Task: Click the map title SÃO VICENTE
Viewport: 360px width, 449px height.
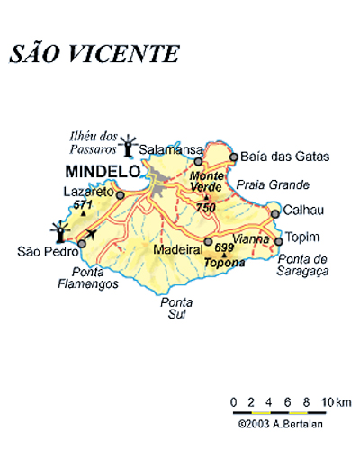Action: pos(94,53)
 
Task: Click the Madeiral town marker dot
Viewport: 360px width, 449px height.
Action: pos(208,240)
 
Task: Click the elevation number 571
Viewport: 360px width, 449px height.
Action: pos(84,205)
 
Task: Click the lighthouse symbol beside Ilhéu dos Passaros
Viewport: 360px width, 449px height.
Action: pos(132,145)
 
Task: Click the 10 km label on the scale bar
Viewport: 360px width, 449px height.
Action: pos(338,400)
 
